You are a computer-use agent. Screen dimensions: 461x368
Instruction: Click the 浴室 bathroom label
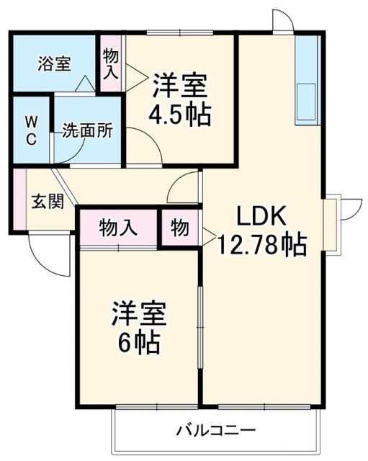pyautogui.click(x=54, y=63)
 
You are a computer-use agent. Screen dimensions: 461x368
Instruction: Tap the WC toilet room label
pyautogui.click(x=32, y=130)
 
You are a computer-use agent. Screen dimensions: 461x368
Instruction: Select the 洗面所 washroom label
pyautogui.click(x=86, y=131)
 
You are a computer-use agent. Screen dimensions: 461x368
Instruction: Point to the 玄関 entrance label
pyautogui.click(x=47, y=201)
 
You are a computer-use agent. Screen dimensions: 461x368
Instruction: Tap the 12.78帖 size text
pyautogui.click(x=263, y=246)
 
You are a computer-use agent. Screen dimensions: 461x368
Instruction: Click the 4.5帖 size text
pyautogui.click(x=180, y=115)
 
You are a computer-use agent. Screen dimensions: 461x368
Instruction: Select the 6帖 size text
pyautogui.click(x=139, y=342)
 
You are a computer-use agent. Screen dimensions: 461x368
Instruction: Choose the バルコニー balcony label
pyautogui.click(x=216, y=431)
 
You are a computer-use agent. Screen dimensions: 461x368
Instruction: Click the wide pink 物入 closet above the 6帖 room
pyautogui.click(x=117, y=228)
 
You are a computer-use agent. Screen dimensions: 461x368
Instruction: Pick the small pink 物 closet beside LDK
pyautogui.click(x=180, y=228)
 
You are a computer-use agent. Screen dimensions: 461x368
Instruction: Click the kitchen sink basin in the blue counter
pyautogui.click(x=307, y=102)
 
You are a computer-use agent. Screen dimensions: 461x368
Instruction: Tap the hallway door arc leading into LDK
pyautogui.click(x=183, y=189)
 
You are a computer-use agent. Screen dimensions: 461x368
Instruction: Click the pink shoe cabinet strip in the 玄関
pyautogui.click(x=19, y=200)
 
